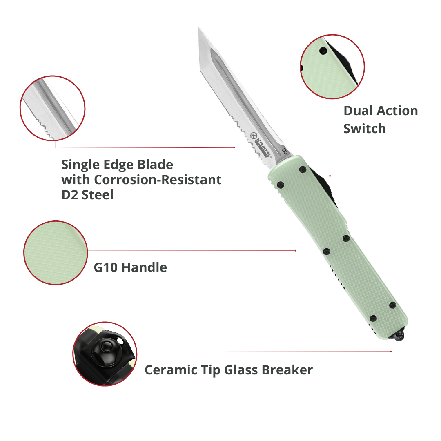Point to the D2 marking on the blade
tap(285, 151)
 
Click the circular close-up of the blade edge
tap(53, 108)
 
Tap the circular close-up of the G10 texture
tap(56, 253)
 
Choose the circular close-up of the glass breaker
tap(105, 354)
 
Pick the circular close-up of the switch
tap(332, 67)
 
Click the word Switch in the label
tap(364, 129)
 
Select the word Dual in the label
tap(358, 111)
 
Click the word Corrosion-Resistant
tap(158, 180)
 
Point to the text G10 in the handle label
tap(106, 268)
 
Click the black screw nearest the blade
tap(302, 169)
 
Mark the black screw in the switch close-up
tap(323, 51)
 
